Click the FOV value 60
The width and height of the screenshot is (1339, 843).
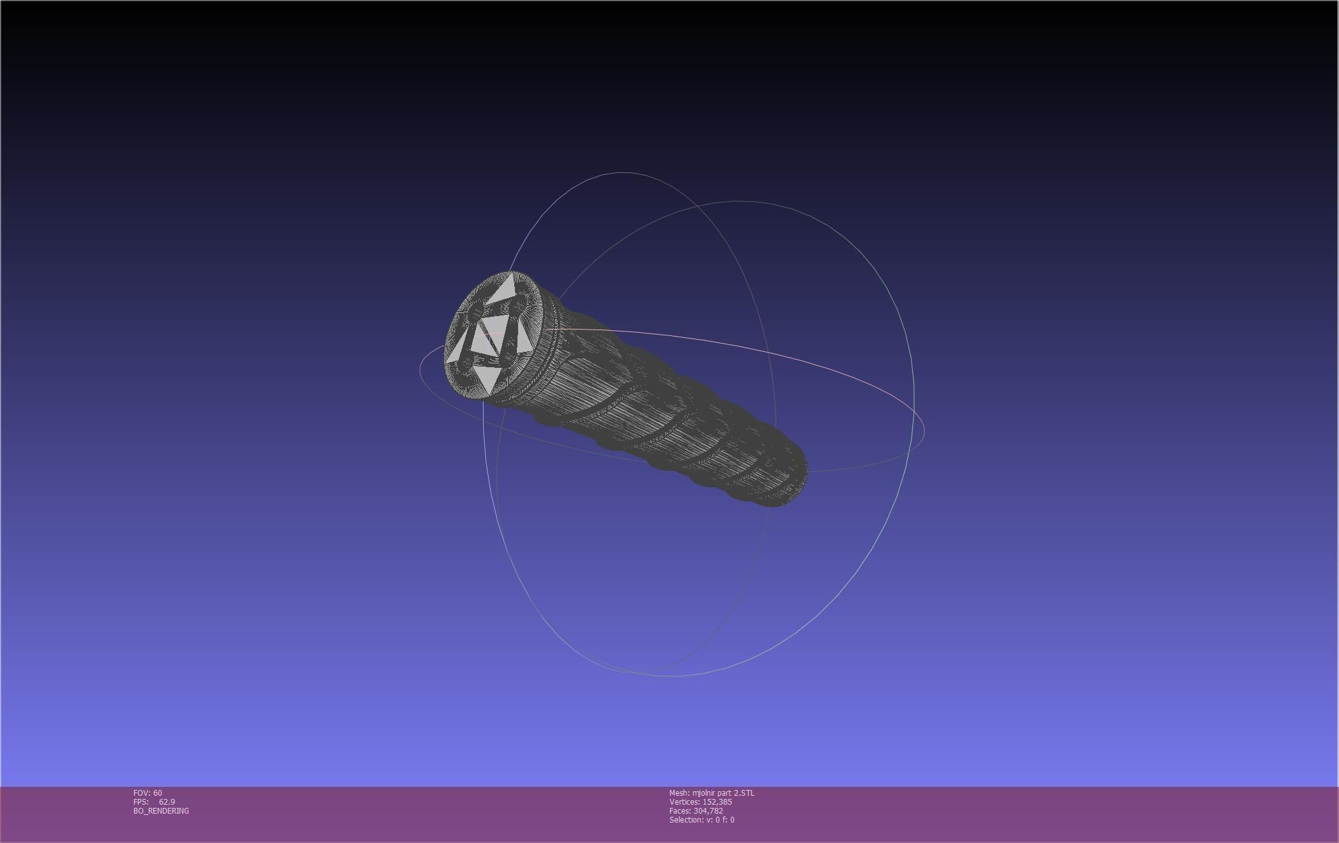pyautogui.click(x=158, y=793)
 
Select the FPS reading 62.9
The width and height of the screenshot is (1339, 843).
pyautogui.click(x=167, y=802)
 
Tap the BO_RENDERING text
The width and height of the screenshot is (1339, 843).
pyautogui.click(x=161, y=811)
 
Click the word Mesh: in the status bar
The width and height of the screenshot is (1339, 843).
pyautogui.click(x=680, y=793)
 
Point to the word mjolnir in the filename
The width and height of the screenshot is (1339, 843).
pyautogui.click(x=705, y=793)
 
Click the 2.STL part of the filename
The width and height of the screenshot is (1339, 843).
pyautogui.click(x=745, y=793)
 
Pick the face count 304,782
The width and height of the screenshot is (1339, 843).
pyautogui.click(x=708, y=811)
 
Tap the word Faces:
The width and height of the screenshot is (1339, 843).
pyautogui.click(x=680, y=811)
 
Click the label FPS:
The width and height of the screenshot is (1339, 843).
pyautogui.click(x=141, y=802)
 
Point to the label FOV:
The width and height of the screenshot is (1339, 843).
pyautogui.click(x=142, y=793)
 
